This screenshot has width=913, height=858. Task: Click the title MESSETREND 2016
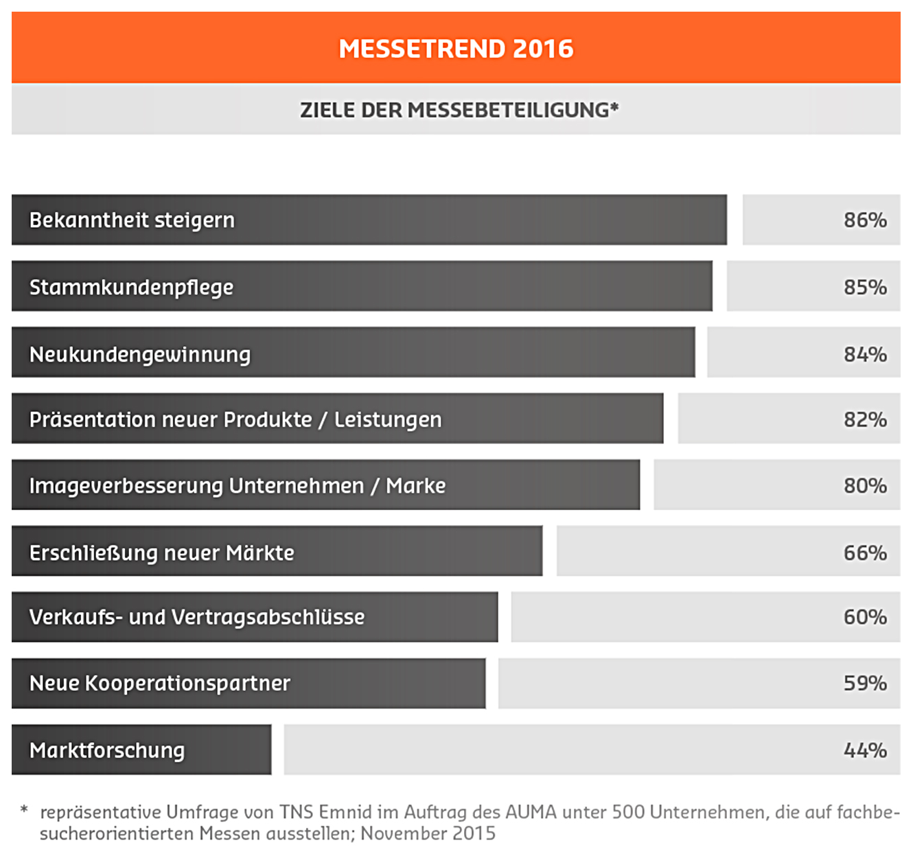tap(456, 49)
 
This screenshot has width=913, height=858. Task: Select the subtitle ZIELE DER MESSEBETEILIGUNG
tap(459, 110)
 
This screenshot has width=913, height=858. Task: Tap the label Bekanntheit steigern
tap(132, 220)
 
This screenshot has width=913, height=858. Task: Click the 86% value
tap(865, 220)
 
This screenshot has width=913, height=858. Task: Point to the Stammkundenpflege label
tap(131, 287)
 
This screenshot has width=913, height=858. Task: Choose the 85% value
tap(865, 287)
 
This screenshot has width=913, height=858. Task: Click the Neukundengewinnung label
tap(140, 354)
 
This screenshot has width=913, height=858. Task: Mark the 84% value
tap(865, 354)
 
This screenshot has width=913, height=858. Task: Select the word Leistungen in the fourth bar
tap(388, 419)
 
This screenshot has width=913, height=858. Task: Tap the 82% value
tap(865, 419)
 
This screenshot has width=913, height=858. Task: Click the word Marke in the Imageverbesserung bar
tap(415, 486)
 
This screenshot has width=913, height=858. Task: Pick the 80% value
tap(865, 486)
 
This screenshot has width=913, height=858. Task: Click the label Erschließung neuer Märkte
tap(161, 553)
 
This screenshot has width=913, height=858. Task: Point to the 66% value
tap(865, 553)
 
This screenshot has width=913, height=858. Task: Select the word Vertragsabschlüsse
tap(268, 617)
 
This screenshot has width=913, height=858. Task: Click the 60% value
tap(865, 617)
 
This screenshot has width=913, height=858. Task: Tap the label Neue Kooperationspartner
tap(160, 683)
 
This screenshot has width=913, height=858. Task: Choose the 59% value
tap(865, 683)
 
